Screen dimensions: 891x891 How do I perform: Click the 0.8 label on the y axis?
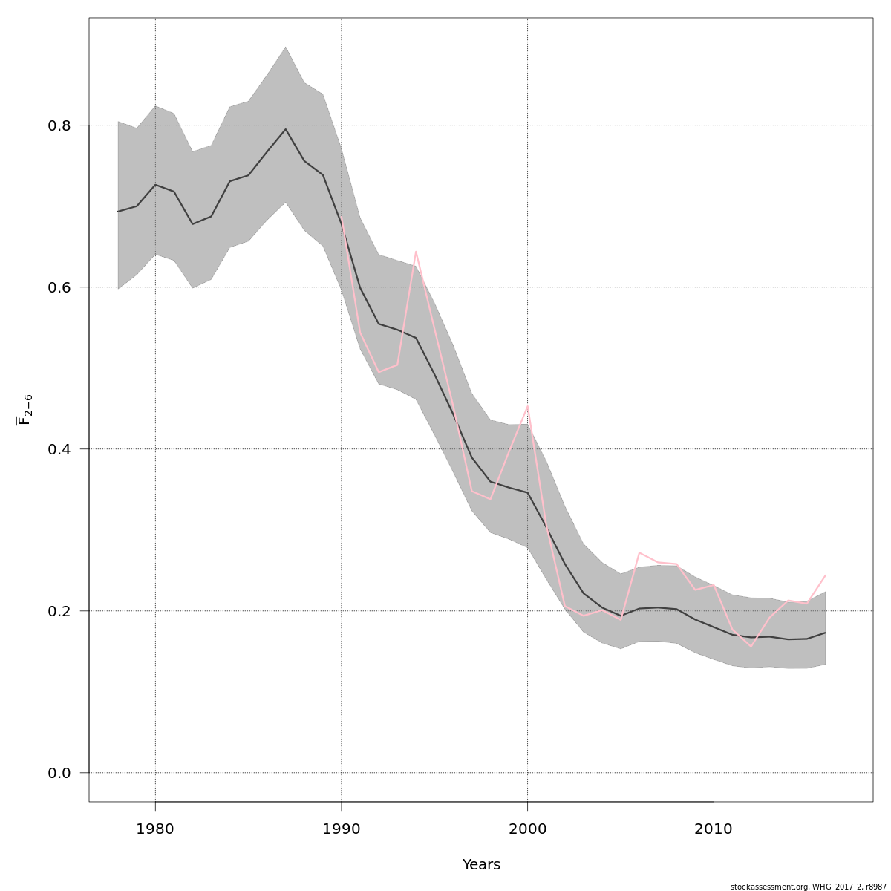tap(59, 125)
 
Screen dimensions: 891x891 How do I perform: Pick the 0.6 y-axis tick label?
tap(59, 287)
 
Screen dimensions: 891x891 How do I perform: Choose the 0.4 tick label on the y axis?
tap(59, 449)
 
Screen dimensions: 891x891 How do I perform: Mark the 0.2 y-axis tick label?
tap(59, 611)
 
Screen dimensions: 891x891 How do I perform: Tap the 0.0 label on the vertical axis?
tap(59, 773)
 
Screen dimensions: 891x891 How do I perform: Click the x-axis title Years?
tap(481, 865)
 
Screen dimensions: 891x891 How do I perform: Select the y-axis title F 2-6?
tap(25, 410)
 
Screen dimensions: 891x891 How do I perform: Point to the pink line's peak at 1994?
tap(416, 252)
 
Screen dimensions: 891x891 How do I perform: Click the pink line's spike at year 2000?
tap(527, 405)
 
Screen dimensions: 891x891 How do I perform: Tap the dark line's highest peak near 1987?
tap(286, 129)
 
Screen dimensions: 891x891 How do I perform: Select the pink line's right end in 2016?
tap(826, 575)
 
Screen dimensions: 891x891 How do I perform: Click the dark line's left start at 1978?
tap(118, 212)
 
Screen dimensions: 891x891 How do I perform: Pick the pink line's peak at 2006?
tap(639, 552)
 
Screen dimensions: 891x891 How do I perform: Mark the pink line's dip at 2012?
tap(751, 646)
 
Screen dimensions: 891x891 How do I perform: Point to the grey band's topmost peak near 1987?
tap(286, 47)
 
